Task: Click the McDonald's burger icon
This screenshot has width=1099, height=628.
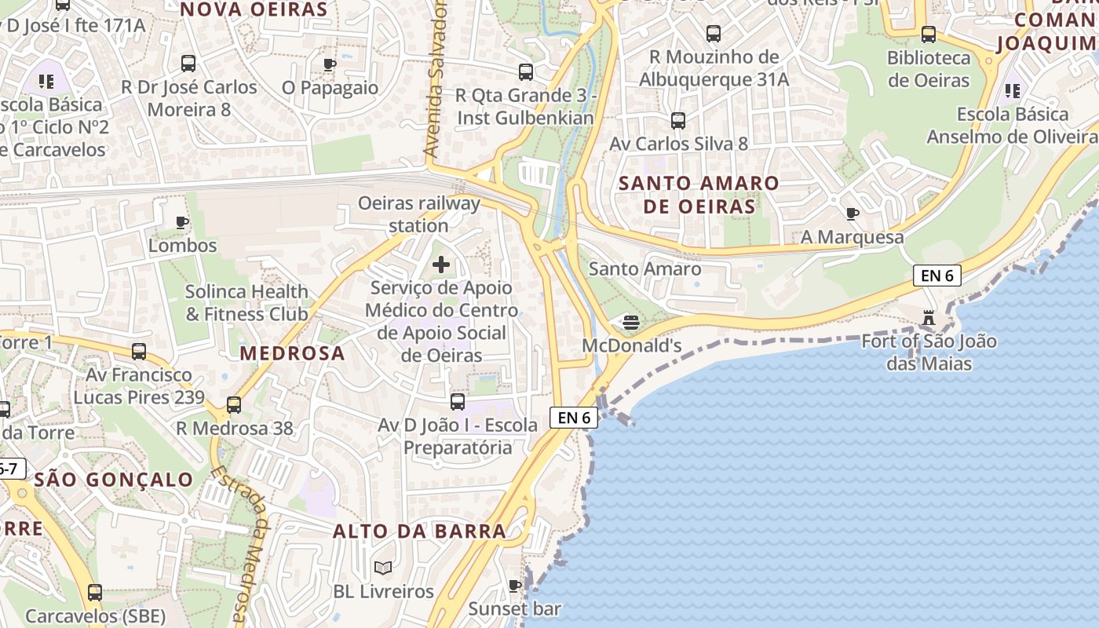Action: pyautogui.click(x=630, y=322)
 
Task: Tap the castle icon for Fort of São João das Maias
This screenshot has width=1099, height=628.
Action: pyautogui.click(x=929, y=319)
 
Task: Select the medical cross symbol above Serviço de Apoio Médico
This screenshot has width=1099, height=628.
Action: pyautogui.click(x=441, y=265)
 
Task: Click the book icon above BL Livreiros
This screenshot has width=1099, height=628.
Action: pyautogui.click(x=383, y=568)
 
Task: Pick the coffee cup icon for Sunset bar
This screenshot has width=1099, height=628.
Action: pyautogui.click(x=515, y=586)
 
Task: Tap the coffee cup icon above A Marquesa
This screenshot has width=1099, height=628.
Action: pyautogui.click(x=853, y=214)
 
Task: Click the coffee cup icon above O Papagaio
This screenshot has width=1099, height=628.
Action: pyautogui.click(x=330, y=64)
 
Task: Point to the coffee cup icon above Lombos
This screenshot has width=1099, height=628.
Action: pyautogui.click(x=182, y=223)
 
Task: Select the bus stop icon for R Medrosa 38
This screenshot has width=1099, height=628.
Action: pyautogui.click(x=233, y=405)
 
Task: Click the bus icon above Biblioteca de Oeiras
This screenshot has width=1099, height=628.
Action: pyautogui.click(x=929, y=35)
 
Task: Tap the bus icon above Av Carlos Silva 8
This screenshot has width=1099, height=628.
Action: pyautogui.click(x=678, y=121)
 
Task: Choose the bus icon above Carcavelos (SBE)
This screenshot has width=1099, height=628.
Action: pyautogui.click(x=95, y=593)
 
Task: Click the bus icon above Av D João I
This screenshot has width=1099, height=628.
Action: pyautogui.click(x=458, y=402)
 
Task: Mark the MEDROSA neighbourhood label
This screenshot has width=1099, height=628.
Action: pyautogui.click(x=293, y=353)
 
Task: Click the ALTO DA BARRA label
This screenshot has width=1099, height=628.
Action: pyautogui.click(x=419, y=531)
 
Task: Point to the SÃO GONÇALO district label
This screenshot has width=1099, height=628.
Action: pyautogui.click(x=115, y=480)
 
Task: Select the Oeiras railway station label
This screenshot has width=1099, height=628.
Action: pyautogui.click(x=419, y=214)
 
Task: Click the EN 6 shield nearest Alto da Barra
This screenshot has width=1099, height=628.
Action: pyautogui.click(x=575, y=418)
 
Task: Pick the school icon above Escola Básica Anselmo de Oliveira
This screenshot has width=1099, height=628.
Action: pyautogui.click(x=1013, y=91)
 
